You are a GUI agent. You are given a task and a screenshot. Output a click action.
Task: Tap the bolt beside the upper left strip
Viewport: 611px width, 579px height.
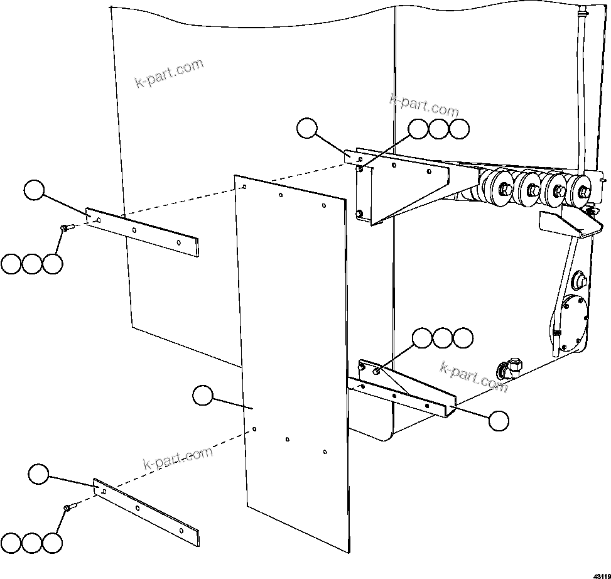[66, 228]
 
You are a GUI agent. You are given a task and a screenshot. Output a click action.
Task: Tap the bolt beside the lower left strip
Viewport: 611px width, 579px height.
[68, 507]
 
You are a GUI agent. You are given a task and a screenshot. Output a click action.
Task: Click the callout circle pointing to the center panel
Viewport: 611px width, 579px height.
[202, 396]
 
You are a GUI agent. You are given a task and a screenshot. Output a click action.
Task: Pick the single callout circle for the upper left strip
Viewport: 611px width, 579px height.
[34, 190]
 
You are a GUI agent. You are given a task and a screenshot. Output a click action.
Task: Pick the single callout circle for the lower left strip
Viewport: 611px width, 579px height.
[39, 473]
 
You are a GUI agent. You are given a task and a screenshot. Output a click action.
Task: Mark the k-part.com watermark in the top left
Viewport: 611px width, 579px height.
[170, 73]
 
